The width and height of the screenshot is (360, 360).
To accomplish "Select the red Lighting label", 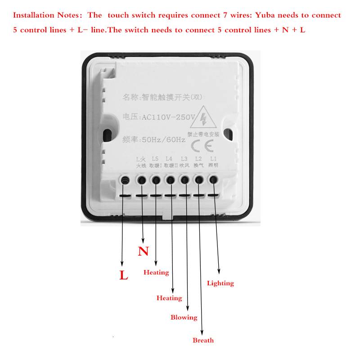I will pos(220,283).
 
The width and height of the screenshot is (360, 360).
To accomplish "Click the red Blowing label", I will pos(184,317).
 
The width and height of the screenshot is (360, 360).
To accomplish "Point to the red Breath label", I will pos(203,340).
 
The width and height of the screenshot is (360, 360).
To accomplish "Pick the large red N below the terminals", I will pos(143,251).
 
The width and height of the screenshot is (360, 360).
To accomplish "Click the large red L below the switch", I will pos(123,275).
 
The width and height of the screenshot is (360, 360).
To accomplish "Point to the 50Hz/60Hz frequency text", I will pos(163,139).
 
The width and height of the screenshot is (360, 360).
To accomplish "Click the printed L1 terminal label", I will pos(213,158).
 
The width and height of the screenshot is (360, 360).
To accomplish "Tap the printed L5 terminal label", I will pos(155,158).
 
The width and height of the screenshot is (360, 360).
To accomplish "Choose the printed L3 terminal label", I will pos(184,158).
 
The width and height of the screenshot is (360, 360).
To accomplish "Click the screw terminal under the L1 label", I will pos(213,180).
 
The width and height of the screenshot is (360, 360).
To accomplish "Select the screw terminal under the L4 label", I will pos(170,180).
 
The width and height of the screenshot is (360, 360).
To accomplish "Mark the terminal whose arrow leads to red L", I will pos(126,180).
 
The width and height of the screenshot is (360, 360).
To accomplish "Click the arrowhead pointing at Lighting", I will pos(219,272).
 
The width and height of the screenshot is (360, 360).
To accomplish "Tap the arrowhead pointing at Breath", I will pos(202,332).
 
